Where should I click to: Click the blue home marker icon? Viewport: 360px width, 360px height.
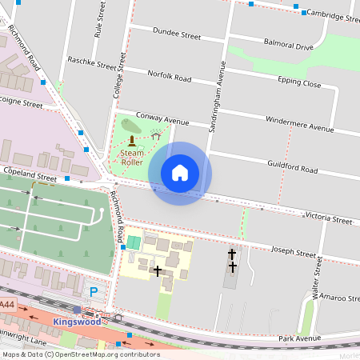point(180,173)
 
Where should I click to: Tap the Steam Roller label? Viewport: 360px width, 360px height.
point(132,157)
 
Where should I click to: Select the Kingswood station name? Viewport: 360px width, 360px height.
point(78,322)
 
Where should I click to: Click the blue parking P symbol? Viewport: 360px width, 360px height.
point(94,293)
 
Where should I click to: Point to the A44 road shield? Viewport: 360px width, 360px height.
point(6,305)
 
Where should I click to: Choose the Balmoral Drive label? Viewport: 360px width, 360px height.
point(288,47)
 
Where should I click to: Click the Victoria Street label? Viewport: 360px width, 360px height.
point(329,219)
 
